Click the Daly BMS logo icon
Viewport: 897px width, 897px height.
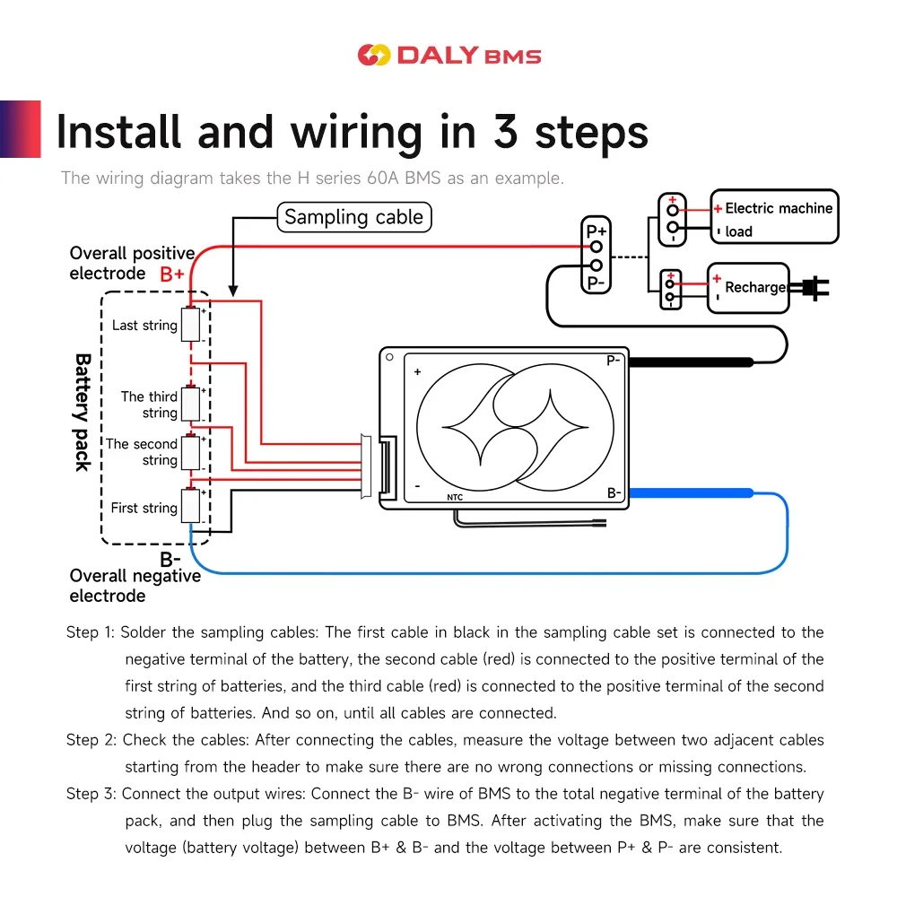coord(373,55)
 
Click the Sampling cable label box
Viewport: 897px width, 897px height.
coord(353,217)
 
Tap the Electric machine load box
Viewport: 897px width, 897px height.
coord(774,216)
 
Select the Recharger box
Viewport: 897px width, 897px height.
coord(748,288)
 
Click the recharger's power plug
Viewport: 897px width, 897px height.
coord(815,287)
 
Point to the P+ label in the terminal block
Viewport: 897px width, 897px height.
coord(597,232)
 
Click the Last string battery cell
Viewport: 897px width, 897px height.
coord(190,325)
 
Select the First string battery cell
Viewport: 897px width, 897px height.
coord(190,507)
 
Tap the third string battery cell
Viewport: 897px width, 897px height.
coord(190,404)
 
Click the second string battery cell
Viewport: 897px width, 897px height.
coord(190,452)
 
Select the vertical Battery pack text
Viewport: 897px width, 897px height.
coord(83,412)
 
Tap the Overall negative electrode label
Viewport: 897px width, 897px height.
coord(135,586)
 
